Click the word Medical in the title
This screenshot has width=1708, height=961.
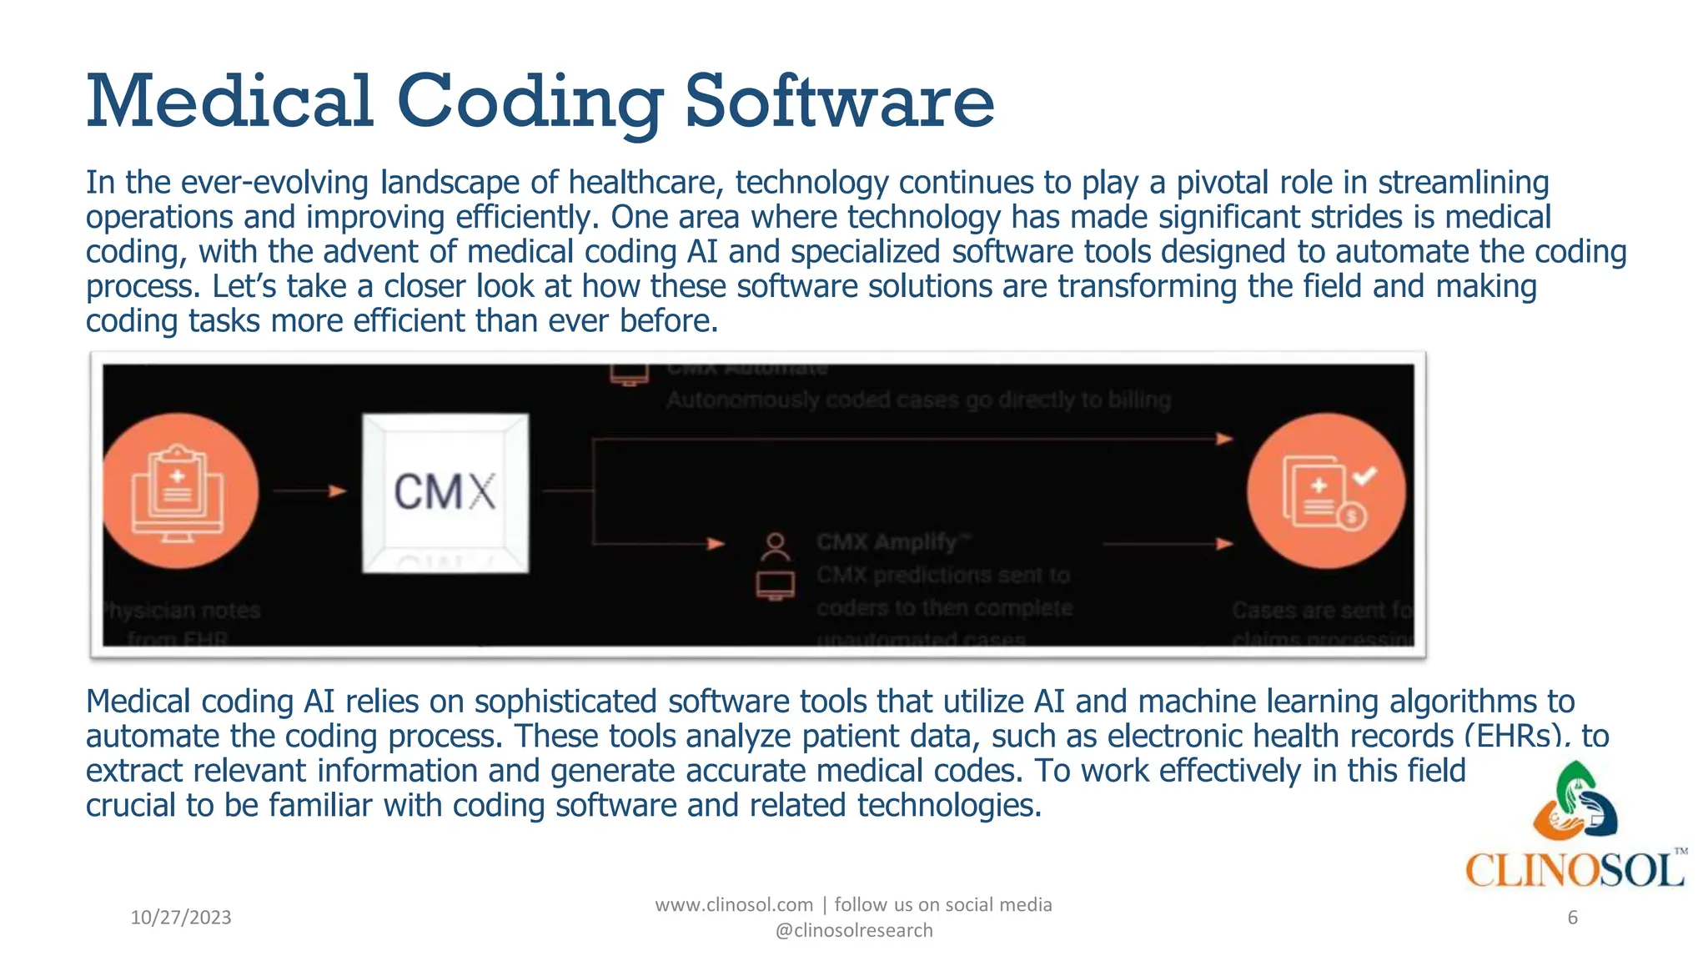pos(229,102)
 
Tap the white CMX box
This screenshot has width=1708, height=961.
pos(445,492)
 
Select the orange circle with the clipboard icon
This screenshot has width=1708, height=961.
pos(179,491)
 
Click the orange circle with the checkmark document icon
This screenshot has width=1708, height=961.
pos(1326,491)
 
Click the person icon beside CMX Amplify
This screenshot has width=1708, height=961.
pos(776,546)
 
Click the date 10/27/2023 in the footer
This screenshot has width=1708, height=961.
pos(181,918)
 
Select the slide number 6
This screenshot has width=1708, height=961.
pos(1572,918)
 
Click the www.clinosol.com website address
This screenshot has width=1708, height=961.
pos(734,905)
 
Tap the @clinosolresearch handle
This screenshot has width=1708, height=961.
pos(854,930)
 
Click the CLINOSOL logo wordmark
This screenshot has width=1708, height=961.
pos(1575,871)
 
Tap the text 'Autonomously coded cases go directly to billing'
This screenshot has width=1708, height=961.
pos(918,400)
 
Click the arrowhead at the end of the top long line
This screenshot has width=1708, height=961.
pos(1224,439)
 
